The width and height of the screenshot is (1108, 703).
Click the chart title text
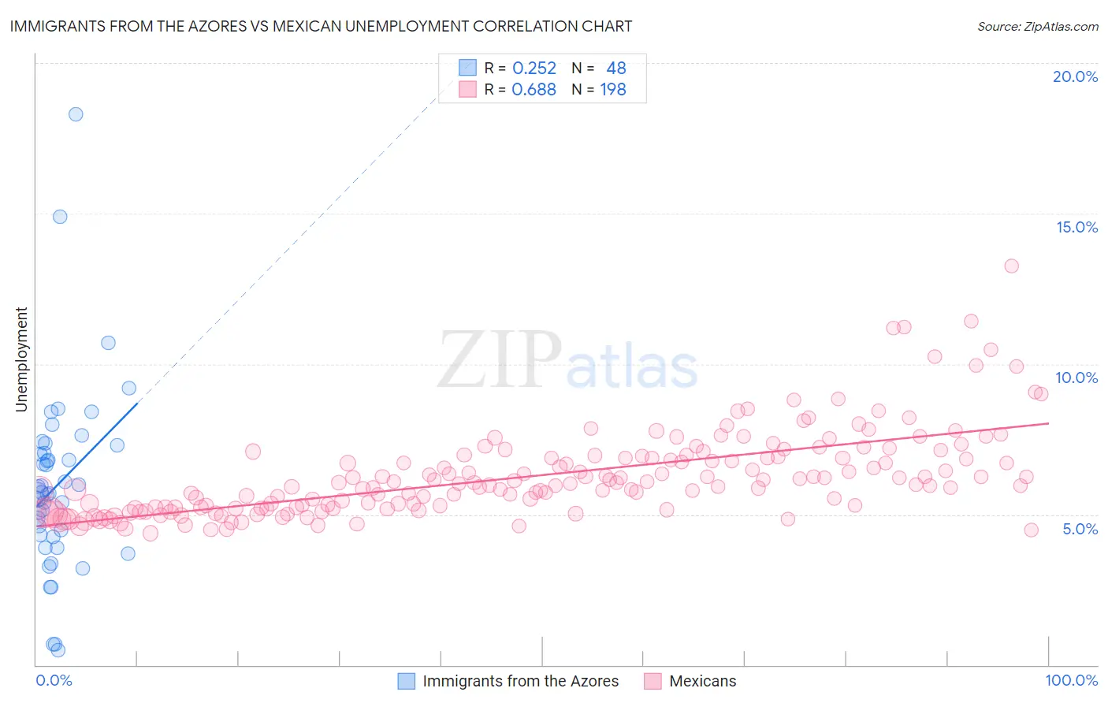pyautogui.click(x=321, y=26)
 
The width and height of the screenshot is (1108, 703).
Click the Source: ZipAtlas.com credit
pyautogui.click(x=1037, y=27)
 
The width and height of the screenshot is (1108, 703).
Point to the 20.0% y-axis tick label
pyautogui.click(x=1075, y=76)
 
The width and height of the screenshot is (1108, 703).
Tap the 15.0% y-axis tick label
pyautogui.click(x=1076, y=227)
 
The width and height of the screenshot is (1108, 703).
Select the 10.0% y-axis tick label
pyautogui.click(x=1076, y=378)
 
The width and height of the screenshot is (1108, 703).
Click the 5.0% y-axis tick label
pyautogui.click(x=1080, y=529)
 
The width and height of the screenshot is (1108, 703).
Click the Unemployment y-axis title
pyautogui.click(x=21, y=359)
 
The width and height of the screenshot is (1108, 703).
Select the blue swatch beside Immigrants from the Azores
pyautogui.click(x=406, y=681)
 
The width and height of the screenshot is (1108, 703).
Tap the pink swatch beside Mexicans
pyautogui.click(x=653, y=681)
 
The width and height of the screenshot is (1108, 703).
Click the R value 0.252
pyautogui.click(x=534, y=69)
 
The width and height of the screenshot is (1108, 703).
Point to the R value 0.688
pyautogui.click(x=534, y=90)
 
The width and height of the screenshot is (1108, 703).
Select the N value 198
pyautogui.click(x=613, y=90)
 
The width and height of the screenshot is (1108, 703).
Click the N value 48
pyautogui.click(x=615, y=69)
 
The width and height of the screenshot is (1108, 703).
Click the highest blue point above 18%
pyautogui.click(x=76, y=114)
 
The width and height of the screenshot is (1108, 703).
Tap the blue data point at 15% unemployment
pyautogui.click(x=60, y=217)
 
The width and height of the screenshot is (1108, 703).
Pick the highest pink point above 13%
pyautogui.click(x=1011, y=266)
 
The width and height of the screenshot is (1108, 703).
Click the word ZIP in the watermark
pyautogui.click(x=500, y=360)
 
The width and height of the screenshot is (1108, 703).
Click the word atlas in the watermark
pyautogui.click(x=632, y=367)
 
